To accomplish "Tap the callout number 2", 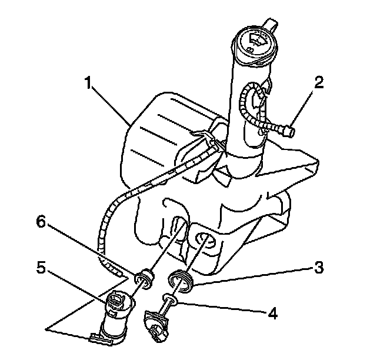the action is [318, 82].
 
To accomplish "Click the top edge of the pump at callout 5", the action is [116, 297].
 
